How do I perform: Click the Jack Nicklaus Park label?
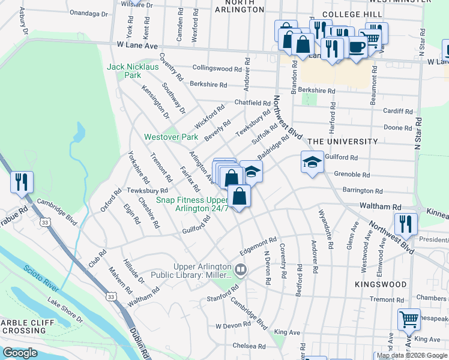(x=124, y=71)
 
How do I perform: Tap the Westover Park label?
(x=170, y=137)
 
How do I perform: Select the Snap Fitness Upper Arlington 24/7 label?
(x=193, y=204)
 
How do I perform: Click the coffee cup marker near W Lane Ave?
(x=357, y=47)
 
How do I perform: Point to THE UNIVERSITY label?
(x=342, y=142)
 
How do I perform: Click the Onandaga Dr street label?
(x=88, y=13)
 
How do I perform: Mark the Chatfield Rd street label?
(x=252, y=103)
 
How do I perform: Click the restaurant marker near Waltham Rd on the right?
(x=406, y=224)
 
